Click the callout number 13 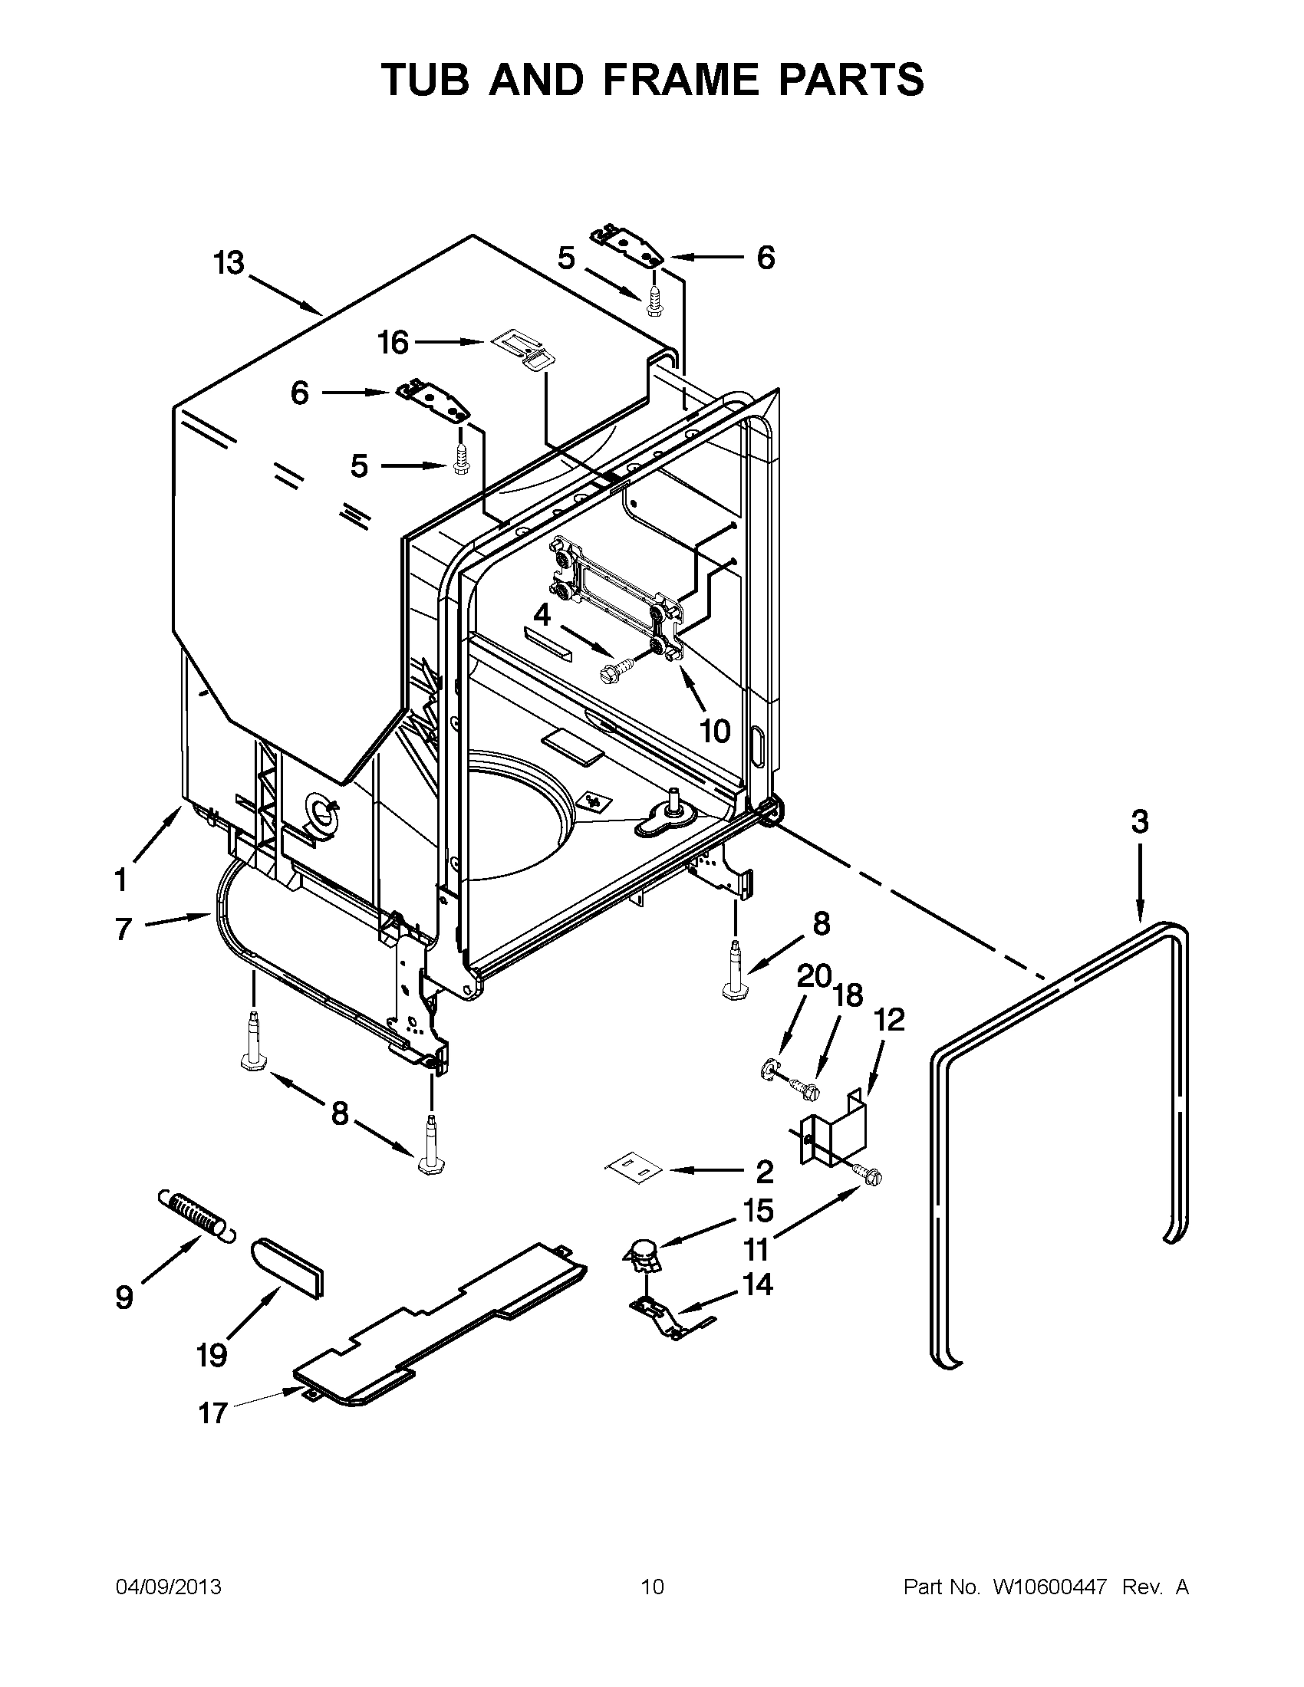click(x=229, y=263)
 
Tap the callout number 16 click(x=393, y=343)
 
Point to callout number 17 click(x=212, y=1412)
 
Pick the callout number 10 click(x=715, y=730)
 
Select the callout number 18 click(x=848, y=995)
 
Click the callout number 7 click(x=123, y=929)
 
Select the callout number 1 click(x=120, y=879)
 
